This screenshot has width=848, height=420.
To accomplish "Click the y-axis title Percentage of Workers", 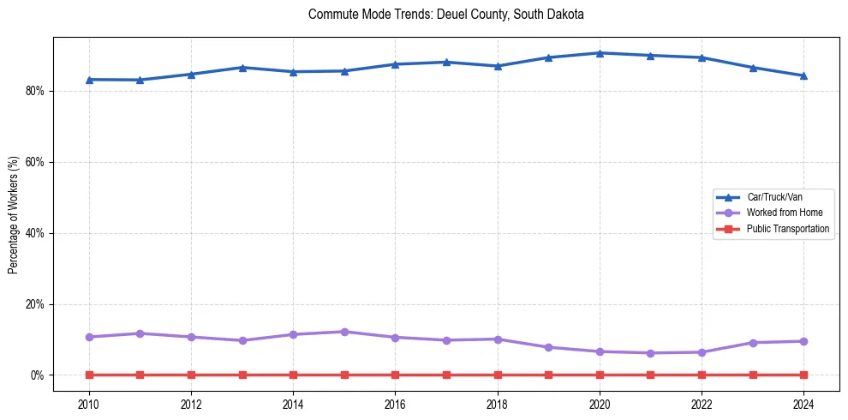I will (13, 214).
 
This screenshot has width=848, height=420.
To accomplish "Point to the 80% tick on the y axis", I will (35, 91).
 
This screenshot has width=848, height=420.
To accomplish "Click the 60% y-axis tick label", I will (35, 162).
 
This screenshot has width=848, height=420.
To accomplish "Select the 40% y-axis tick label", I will (35, 233).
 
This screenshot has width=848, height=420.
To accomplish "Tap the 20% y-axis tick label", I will (35, 304).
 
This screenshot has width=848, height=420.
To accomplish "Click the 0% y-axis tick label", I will (38, 375).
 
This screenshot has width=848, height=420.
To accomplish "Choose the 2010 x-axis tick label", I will (89, 404).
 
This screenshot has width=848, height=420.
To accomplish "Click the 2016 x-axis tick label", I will (395, 404).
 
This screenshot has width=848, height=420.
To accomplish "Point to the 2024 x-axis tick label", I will (803, 404).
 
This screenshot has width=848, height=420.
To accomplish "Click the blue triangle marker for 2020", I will (600, 53).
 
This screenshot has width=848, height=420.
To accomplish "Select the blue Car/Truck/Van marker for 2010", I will (89, 80).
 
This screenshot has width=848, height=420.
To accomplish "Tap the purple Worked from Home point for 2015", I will (344, 332).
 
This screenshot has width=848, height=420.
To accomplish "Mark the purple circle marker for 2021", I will (650, 353).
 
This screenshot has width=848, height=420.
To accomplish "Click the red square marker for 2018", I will (498, 375).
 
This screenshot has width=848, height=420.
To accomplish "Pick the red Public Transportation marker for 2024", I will (803, 375).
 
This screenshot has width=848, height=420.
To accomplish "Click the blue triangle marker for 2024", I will (803, 75).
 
